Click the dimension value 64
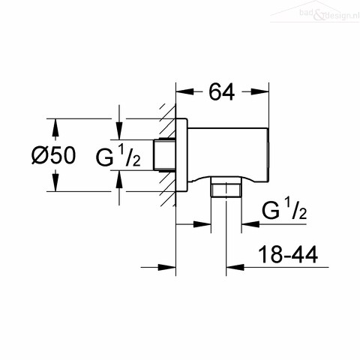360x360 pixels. [222, 92]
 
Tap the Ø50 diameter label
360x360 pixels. [53, 155]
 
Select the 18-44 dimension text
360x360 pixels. [288, 255]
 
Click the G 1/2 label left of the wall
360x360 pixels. [118, 157]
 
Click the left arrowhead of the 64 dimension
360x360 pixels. [185, 91]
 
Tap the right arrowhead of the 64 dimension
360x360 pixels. [260, 91]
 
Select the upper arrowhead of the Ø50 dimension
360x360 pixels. [55, 127]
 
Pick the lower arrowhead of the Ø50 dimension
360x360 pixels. [55, 182]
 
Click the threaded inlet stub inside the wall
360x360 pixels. [164, 155]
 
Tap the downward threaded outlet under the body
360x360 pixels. [226, 187]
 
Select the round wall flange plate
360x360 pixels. [181, 155]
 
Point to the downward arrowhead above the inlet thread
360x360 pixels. [119, 130]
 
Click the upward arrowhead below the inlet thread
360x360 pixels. [119, 179]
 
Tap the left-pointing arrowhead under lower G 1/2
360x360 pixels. [250, 224]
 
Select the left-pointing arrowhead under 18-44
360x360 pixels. [235, 267]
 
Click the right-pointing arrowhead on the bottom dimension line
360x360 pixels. [166, 267]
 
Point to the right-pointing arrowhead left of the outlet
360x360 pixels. [202, 224]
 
